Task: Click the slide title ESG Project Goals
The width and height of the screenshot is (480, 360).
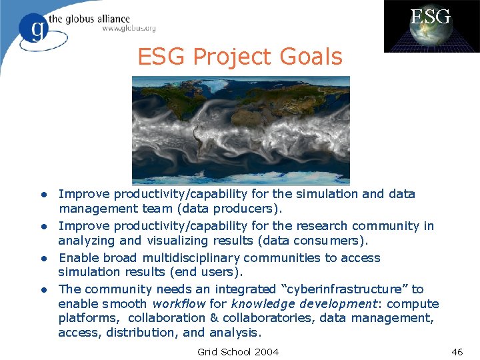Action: pos(240,57)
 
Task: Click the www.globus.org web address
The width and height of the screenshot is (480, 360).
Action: pos(129,29)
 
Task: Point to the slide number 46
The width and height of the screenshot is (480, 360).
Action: pos(457,351)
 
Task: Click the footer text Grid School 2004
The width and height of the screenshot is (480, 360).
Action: pos(238,351)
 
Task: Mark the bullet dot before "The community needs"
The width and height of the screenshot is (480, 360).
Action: pos(41,290)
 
